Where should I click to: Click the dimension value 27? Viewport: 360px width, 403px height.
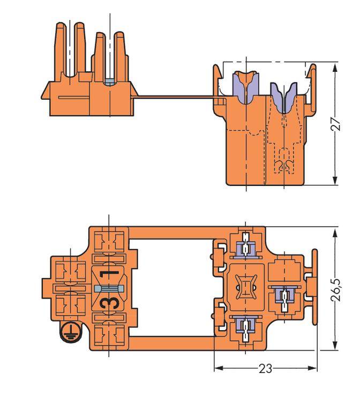[x=335, y=124]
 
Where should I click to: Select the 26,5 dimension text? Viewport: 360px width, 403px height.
[x=335, y=289]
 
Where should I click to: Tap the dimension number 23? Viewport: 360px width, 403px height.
[x=266, y=369]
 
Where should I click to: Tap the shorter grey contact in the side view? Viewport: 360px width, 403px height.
[x=284, y=97]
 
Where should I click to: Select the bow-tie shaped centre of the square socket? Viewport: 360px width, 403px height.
[x=246, y=289]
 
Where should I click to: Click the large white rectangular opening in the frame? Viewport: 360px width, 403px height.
[x=171, y=289]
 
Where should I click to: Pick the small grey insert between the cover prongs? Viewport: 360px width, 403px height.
[x=109, y=82]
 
